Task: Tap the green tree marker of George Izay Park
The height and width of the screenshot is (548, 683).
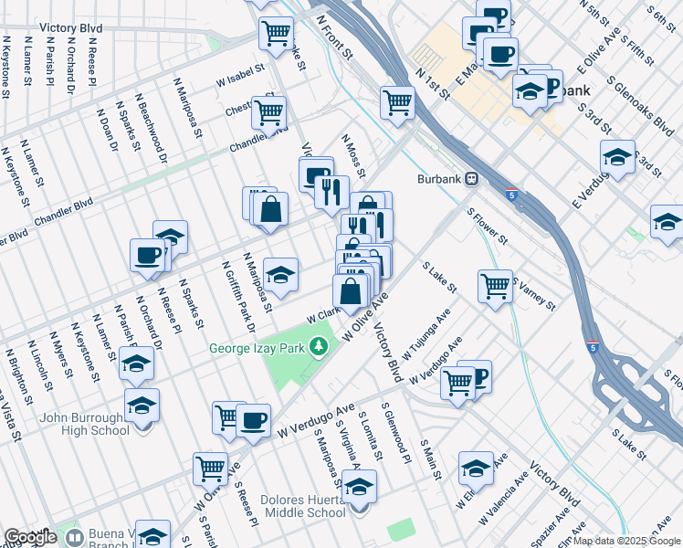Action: [318, 347]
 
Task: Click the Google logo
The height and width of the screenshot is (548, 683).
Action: [31, 537]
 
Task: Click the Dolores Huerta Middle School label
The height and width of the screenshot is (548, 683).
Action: [302, 506]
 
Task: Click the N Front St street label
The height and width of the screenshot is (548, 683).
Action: [333, 37]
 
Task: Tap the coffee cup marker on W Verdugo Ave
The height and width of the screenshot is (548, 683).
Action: [254, 420]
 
